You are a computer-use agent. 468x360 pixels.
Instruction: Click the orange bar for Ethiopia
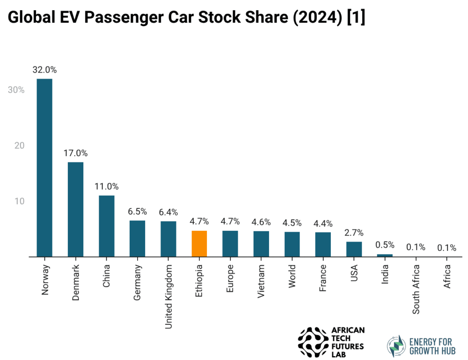coord(199,243)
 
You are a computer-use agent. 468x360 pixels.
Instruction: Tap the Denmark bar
coord(76,209)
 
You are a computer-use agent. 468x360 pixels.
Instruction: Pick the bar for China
coord(107,226)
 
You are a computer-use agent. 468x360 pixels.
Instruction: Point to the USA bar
coord(354,249)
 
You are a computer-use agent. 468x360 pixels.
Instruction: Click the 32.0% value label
coord(45,70)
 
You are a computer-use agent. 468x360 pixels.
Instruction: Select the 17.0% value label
coord(76,153)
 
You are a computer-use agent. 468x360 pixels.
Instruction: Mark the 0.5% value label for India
coord(385,245)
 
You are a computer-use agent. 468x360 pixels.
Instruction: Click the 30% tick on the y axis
coord(16,90)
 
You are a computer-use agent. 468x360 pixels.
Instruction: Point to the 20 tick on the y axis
coord(19,146)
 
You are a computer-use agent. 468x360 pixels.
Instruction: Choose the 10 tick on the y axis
coord(19,201)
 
